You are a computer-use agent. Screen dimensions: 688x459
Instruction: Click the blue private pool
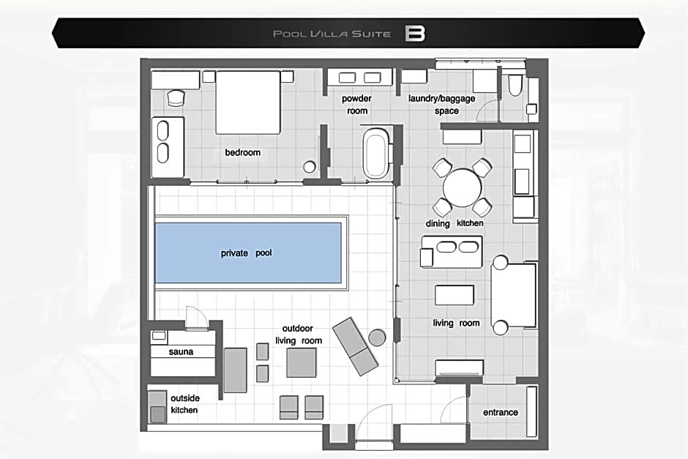pyautogui.click(x=248, y=253)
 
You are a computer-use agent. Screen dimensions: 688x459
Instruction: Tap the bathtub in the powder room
pyautogui.click(x=375, y=152)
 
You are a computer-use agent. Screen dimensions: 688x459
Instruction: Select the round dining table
pyautogui.click(x=462, y=187)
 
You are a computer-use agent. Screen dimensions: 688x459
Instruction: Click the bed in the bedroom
pyautogui.click(x=248, y=102)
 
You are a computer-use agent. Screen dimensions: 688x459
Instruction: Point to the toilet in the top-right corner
pyautogui.click(x=515, y=85)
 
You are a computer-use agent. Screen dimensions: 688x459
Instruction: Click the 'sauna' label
pyautogui.click(x=181, y=351)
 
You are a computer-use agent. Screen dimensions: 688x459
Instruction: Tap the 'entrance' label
pyautogui.click(x=500, y=412)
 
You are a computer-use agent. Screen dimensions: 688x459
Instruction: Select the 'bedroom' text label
pyautogui.click(x=243, y=152)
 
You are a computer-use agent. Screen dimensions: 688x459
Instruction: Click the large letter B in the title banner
pyautogui.click(x=415, y=34)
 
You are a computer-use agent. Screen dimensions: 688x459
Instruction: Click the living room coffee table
pyautogui.click(x=454, y=295)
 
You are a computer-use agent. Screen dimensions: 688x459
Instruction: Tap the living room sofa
pyautogui.click(x=513, y=295)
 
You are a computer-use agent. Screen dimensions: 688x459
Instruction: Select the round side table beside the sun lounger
pyautogui.click(x=377, y=337)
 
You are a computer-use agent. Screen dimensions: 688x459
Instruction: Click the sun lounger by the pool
pyautogui.click(x=355, y=346)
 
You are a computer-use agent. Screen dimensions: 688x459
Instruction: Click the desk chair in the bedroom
pyautogui.click(x=176, y=97)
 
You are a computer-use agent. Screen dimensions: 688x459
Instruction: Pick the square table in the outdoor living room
pyautogui.click(x=302, y=363)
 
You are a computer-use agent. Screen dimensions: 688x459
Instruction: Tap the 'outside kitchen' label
pyautogui.click(x=184, y=403)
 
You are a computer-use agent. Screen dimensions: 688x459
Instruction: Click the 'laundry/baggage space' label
pyautogui.click(x=442, y=105)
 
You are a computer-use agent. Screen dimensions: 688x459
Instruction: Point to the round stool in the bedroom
pyautogui.click(x=310, y=167)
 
